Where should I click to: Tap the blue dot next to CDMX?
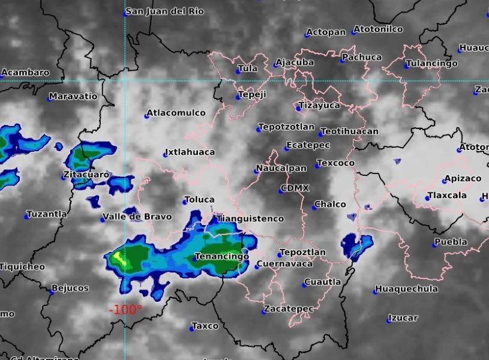click(281, 190)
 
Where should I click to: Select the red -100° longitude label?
click(125, 310)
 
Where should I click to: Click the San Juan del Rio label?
click(165, 11)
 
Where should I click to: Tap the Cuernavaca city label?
click(286, 264)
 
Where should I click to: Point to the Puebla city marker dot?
click(435, 244)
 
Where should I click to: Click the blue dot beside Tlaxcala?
click(428, 197)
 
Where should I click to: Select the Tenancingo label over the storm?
click(222, 257)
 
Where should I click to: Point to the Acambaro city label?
click(26, 73)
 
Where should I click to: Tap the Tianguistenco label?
click(251, 219)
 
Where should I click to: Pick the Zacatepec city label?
click(290, 309)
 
